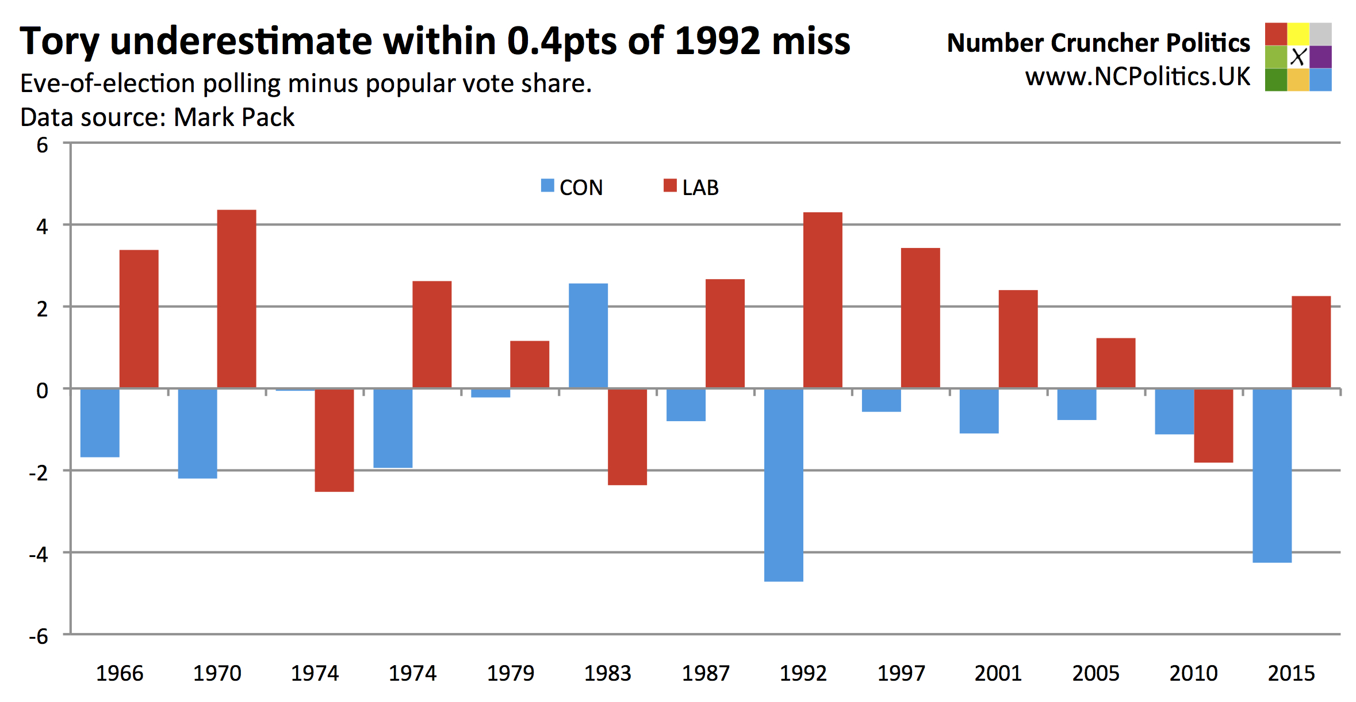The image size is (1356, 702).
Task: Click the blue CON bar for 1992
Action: click(x=783, y=484)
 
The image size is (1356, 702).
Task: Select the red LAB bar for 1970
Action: click(x=236, y=299)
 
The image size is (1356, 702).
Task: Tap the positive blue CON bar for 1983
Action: click(x=588, y=336)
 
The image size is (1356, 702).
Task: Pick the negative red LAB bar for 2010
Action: click(x=1213, y=426)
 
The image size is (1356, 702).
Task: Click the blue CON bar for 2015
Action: click(x=1272, y=475)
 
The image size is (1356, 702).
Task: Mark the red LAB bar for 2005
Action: click(x=1116, y=363)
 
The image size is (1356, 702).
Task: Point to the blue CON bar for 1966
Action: click(x=100, y=423)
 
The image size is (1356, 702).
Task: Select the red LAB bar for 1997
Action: click(x=920, y=318)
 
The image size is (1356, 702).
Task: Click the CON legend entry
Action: click(x=572, y=188)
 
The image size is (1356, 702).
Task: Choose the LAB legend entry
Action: click(x=691, y=188)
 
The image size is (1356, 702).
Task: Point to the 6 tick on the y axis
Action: click(x=43, y=145)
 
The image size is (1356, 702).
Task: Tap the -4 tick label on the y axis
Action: click(x=39, y=554)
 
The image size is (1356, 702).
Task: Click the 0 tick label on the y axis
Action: click(x=43, y=391)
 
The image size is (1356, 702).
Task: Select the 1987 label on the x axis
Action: click(x=706, y=673)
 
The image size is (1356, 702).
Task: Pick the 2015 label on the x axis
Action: click(x=1291, y=673)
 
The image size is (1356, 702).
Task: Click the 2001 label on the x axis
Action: click(x=998, y=673)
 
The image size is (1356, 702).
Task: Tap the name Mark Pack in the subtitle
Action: click(x=234, y=117)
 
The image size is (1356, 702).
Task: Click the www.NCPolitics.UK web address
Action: click(x=1137, y=77)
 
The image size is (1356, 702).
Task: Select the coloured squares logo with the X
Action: click(x=1298, y=57)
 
